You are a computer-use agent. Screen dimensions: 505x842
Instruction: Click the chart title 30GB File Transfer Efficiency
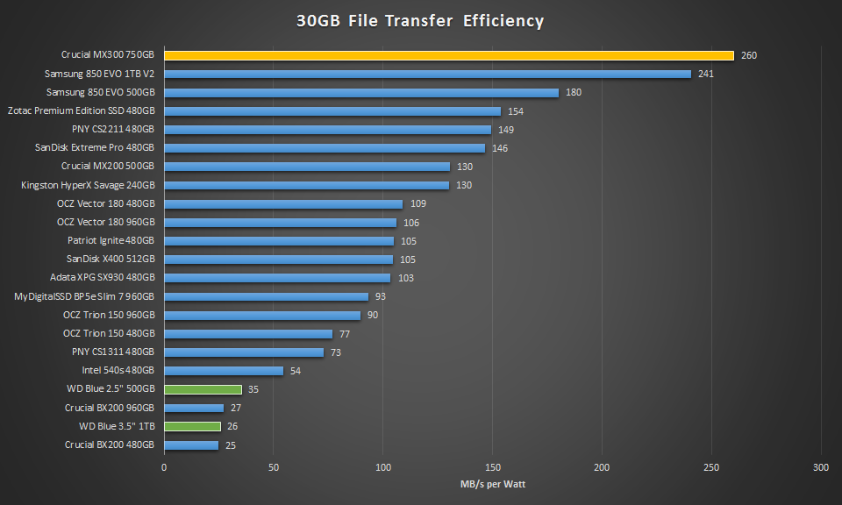tap(420, 20)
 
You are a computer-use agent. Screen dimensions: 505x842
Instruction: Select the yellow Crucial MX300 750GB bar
tap(448, 55)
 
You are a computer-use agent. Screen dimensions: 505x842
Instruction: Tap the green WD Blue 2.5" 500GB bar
tap(203, 389)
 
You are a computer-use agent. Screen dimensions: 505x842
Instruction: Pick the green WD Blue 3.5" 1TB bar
tap(192, 426)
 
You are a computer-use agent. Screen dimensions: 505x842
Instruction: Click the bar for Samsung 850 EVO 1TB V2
tap(427, 74)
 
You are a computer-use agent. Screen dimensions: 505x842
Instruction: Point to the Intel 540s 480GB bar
tap(224, 371)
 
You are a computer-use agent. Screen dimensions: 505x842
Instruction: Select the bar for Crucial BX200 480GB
tap(191, 445)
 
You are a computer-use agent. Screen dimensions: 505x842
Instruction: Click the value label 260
tap(748, 55)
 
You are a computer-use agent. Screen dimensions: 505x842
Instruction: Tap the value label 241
tap(706, 74)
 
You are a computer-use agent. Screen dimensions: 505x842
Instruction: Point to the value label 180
tap(574, 92)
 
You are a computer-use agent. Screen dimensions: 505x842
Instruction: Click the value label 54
tap(296, 371)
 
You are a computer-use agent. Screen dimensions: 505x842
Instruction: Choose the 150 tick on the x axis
tap(493, 467)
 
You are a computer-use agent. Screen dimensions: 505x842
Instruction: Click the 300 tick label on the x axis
tap(821, 467)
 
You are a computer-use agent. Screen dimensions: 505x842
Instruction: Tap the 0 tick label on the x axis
tap(164, 467)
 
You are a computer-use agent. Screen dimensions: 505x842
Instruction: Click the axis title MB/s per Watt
tap(492, 484)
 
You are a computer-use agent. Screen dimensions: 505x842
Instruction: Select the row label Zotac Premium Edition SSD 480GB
tap(81, 111)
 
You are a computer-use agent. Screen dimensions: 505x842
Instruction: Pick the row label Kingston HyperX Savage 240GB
tap(88, 185)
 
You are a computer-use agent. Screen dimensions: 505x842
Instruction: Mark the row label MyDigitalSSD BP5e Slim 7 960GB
tap(84, 296)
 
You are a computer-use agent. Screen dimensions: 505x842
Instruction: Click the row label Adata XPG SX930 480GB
tap(102, 278)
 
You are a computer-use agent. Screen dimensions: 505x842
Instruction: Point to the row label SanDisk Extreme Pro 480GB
tap(95, 148)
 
